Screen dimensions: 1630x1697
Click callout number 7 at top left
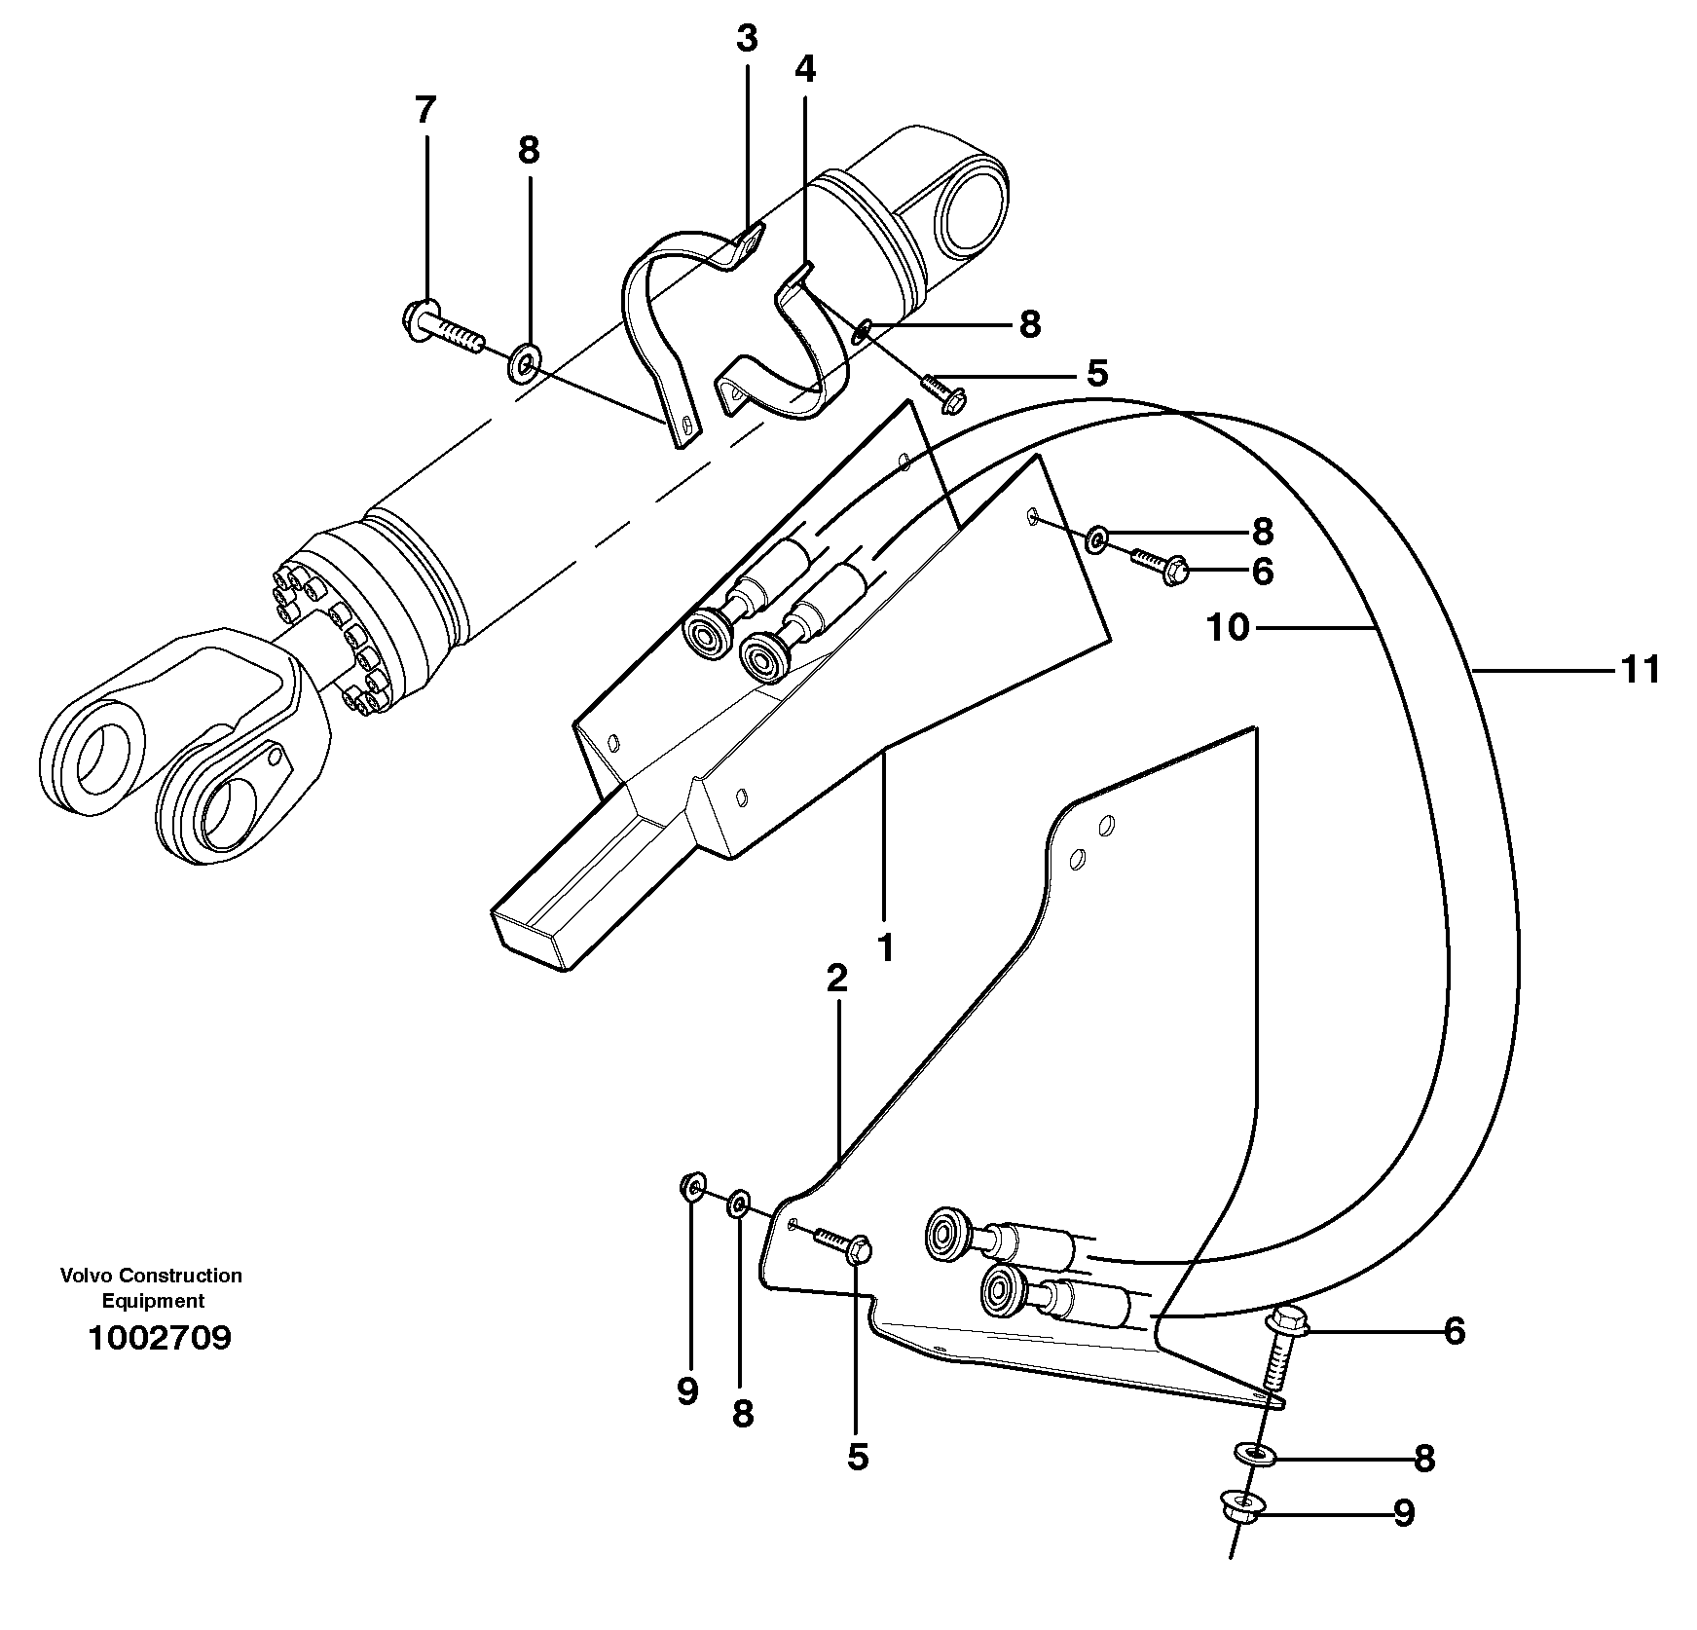(424, 110)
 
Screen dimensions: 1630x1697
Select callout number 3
(746, 40)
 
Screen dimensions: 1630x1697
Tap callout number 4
(805, 69)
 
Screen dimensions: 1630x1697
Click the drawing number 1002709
(160, 1337)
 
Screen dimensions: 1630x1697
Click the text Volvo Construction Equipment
(151, 1287)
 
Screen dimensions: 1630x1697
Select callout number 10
(1228, 629)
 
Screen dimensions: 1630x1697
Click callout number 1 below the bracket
(885, 947)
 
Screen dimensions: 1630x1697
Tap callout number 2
(836, 980)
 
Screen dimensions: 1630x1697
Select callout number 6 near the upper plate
(1262, 572)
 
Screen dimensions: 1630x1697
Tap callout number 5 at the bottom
(857, 1457)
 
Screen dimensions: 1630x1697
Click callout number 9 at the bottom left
(687, 1391)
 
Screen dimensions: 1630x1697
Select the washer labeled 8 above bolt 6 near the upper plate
(1096, 537)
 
